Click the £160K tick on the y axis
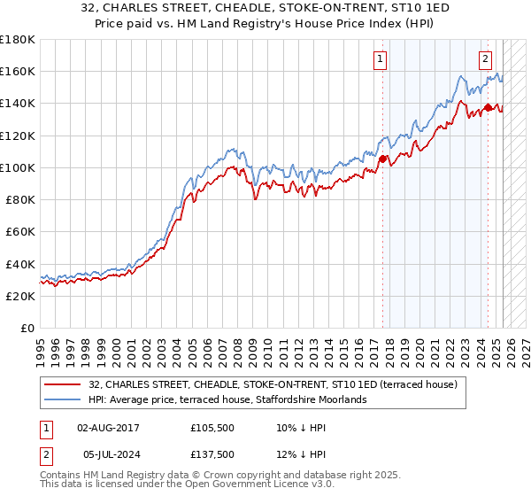(18, 71)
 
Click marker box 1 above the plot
(380, 59)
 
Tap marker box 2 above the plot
(486, 59)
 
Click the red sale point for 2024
(488, 107)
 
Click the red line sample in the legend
(64, 384)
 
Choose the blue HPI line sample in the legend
(64, 399)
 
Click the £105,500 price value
(213, 428)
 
